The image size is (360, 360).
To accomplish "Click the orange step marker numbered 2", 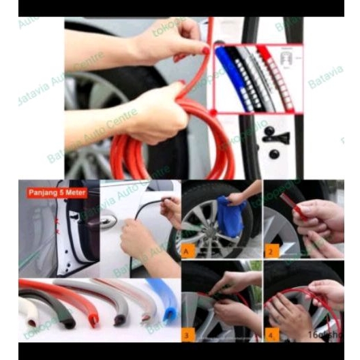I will click(x=271, y=250).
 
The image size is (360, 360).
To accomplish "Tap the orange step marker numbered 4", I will click(x=271, y=334).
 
